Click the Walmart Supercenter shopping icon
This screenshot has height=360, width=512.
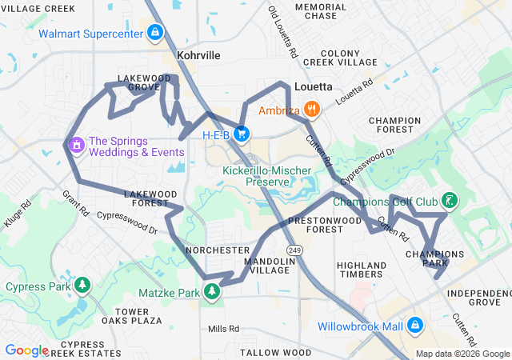(155, 34)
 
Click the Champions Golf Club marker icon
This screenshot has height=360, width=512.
(450, 201)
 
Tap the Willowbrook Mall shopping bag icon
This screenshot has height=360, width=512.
(414, 326)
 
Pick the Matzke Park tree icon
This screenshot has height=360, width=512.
(213, 292)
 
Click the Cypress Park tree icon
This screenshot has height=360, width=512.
(81, 286)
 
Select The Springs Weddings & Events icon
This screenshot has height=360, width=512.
(77, 145)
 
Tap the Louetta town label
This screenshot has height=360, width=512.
(314, 86)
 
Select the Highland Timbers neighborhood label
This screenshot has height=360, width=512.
(362, 270)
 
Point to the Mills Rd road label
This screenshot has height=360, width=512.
(223, 329)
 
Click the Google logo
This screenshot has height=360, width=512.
(26, 350)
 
